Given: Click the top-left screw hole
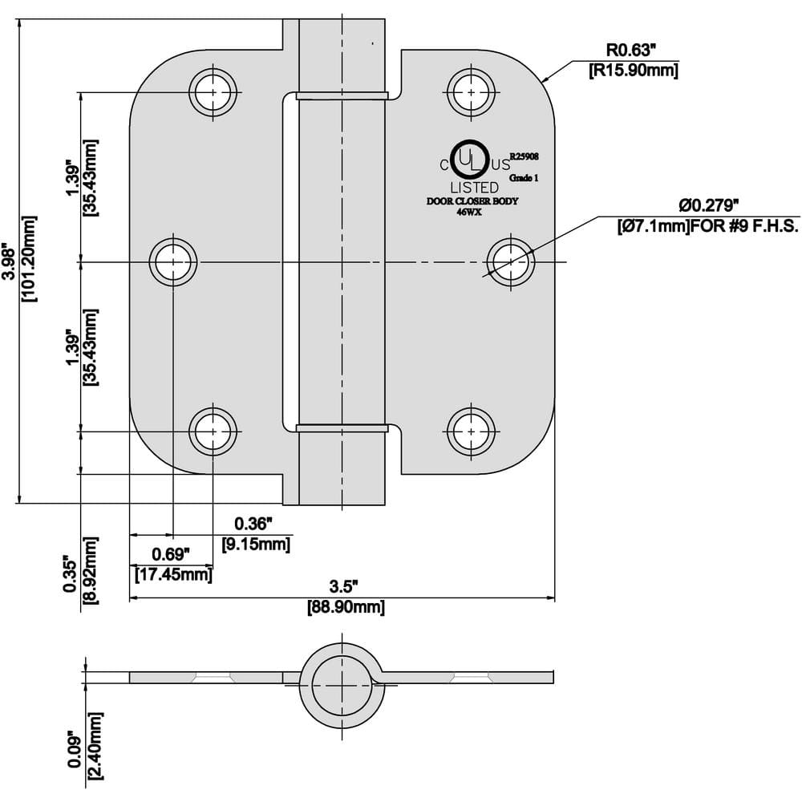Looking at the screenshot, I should point(213,92).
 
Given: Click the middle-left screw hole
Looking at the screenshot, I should point(173,261).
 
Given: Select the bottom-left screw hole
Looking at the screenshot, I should point(213,431).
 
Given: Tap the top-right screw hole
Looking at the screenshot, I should point(470,92).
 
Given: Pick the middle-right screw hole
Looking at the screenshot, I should point(512,261).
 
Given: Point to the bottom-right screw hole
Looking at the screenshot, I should point(470,431).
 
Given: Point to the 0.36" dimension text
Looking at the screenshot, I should point(254,525).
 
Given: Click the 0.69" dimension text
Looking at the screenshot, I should point(171,554).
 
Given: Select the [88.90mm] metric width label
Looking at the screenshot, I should point(346,607).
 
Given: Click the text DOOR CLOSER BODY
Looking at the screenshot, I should point(472,201).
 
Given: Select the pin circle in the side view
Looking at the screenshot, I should point(342,687).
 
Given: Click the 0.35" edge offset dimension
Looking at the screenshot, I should point(71,574).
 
